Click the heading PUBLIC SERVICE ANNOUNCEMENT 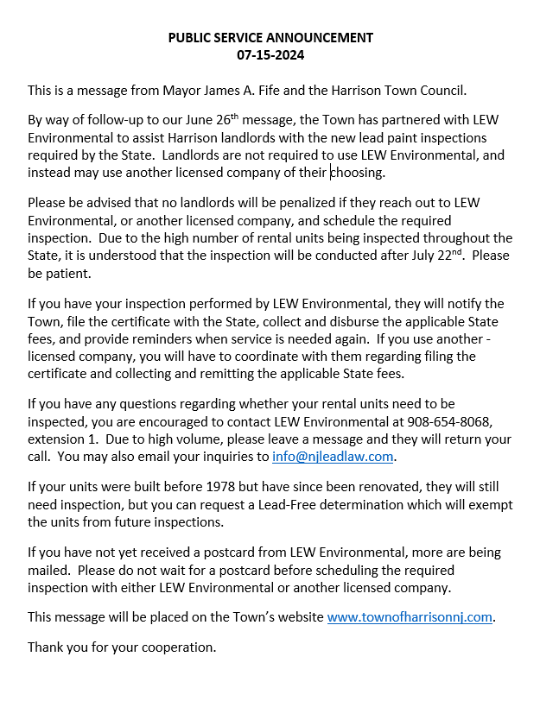[x=270, y=37]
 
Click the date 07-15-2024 [x=270, y=55]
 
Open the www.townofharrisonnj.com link [x=410, y=617]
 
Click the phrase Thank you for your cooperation [x=122, y=647]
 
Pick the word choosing [x=358, y=173]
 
